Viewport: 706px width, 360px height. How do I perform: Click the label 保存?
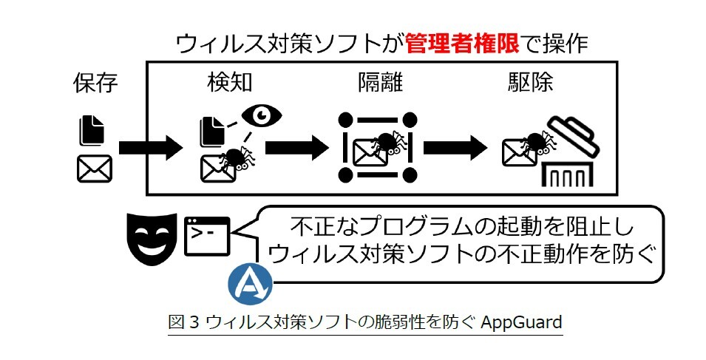pos(96,83)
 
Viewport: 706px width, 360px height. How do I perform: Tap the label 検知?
pos(230,83)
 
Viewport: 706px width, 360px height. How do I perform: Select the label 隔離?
pos(377,83)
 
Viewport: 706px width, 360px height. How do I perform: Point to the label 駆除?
pos(526,83)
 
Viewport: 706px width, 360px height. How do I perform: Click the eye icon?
pos(262,115)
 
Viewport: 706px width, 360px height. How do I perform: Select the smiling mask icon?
pos(152,237)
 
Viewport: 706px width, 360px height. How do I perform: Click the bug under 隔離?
pos(385,143)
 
